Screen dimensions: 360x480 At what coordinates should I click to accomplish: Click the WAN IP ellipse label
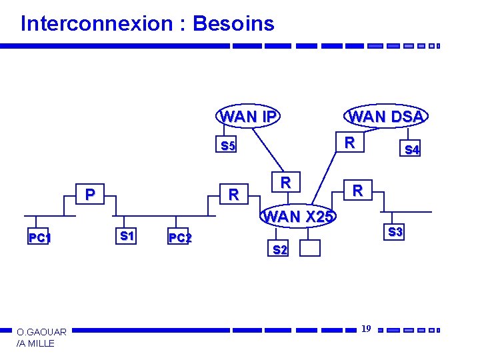coord(248,117)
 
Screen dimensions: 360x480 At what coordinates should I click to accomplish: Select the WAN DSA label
coord(386,117)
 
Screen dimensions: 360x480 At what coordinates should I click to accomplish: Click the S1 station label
coord(127,235)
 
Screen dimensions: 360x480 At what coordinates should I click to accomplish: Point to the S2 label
coord(280,250)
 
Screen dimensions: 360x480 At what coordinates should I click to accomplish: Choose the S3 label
coord(395,232)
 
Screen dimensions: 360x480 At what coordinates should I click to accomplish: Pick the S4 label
coord(412,150)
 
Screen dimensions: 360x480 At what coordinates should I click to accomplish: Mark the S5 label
coord(228,146)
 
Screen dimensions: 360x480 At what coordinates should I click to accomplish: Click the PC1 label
coord(40,238)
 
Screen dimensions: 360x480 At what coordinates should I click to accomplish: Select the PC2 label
coord(180,238)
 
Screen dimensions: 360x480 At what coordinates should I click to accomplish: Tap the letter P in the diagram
coord(89,194)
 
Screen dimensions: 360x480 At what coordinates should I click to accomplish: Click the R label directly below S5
coord(233,195)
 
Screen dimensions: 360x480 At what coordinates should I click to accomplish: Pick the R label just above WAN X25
coord(285,182)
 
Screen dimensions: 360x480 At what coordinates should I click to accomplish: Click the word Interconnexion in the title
coord(97,24)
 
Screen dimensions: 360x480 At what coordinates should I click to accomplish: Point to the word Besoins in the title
coord(233,24)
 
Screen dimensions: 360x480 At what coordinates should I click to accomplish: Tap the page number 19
coord(366,329)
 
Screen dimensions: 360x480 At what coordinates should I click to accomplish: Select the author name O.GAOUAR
coord(41,332)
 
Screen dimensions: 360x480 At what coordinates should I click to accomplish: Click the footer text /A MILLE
coord(36,343)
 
